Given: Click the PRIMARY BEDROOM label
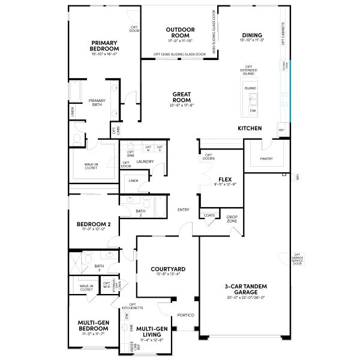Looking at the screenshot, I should tap(104, 46).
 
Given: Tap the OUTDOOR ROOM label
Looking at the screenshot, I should tap(179, 32).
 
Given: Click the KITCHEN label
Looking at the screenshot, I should tap(250, 128).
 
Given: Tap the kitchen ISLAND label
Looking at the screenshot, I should tap(250, 88).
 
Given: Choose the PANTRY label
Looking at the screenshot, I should tap(266, 159).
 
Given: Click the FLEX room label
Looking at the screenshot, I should tap(225, 179).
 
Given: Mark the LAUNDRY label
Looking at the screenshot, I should tap(145, 161).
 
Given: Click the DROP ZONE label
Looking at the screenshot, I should tap(232, 220).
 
